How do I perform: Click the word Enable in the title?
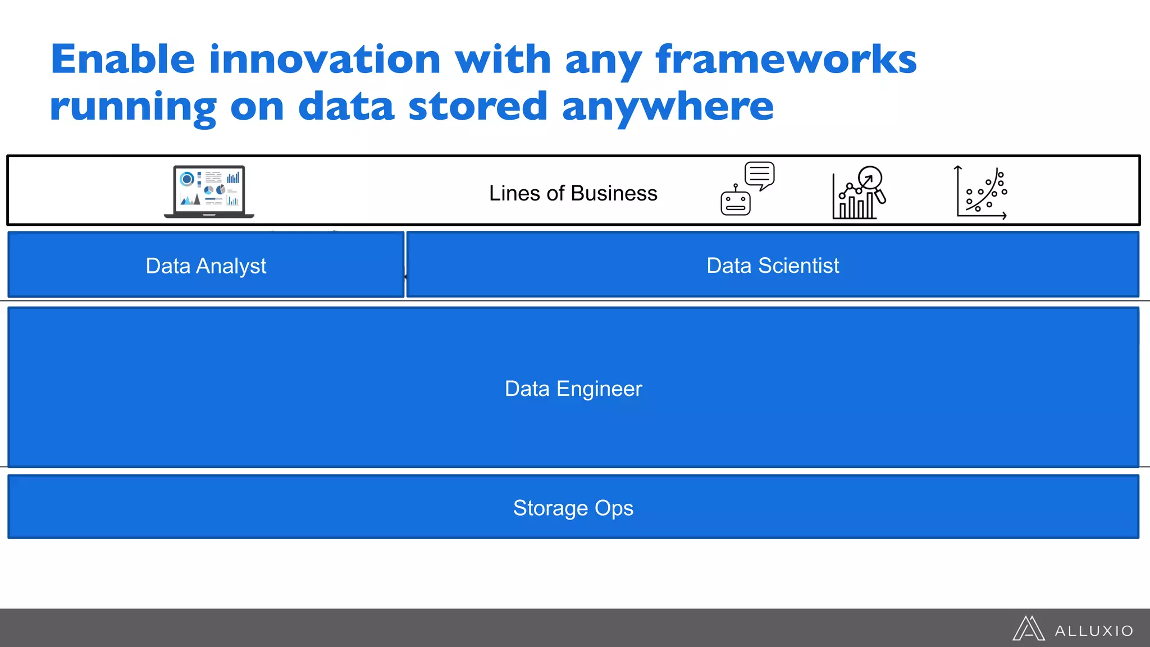[x=122, y=60]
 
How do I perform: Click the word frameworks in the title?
[x=786, y=60]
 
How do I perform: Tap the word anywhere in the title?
[x=668, y=107]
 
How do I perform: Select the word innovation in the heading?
[x=325, y=60]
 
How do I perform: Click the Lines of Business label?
[x=573, y=193]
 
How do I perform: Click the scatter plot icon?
[x=982, y=193]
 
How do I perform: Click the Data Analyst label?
[x=206, y=266]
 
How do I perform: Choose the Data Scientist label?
[x=773, y=265]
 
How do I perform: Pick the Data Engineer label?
[x=573, y=389]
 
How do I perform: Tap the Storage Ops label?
[x=573, y=508]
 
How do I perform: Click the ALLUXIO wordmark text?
[x=1093, y=631]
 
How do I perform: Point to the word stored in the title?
[x=478, y=107]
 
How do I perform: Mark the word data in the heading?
[x=346, y=107]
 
